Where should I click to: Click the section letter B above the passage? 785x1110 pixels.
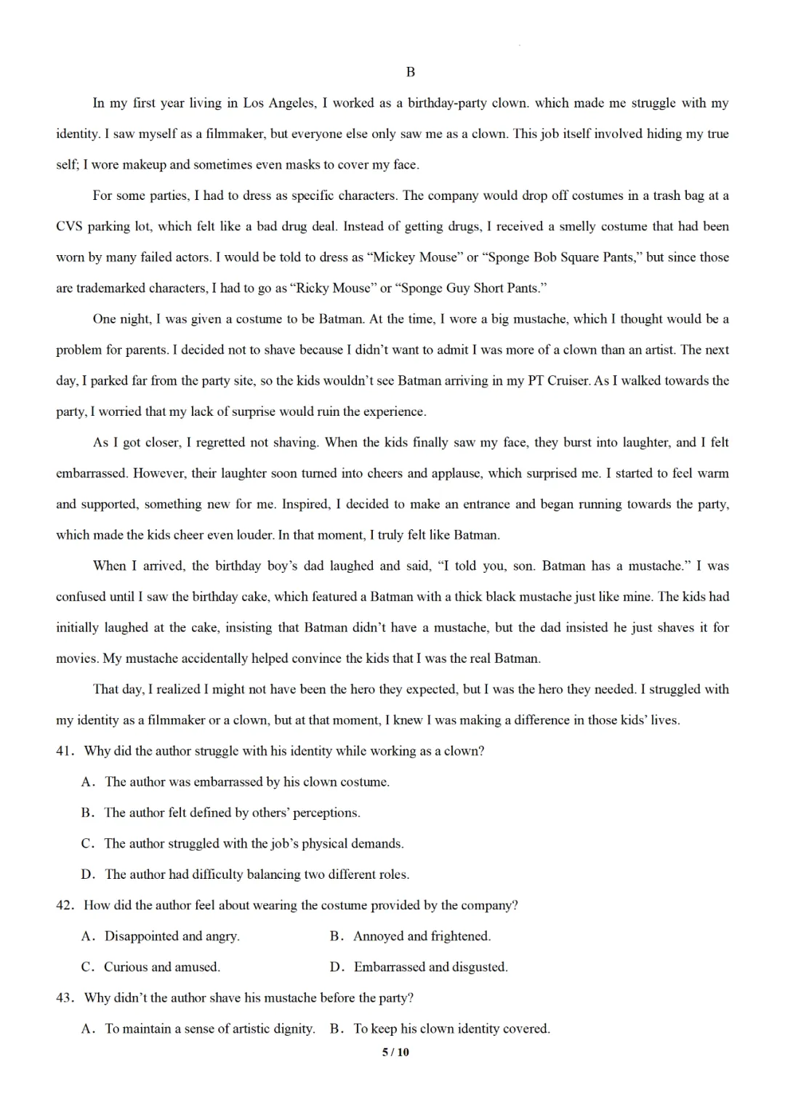pos(410,72)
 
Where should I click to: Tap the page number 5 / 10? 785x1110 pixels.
pos(395,1052)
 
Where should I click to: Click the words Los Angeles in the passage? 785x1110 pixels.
pos(278,103)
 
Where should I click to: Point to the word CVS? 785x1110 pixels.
pos(69,226)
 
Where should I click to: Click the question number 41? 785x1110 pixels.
pos(65,751)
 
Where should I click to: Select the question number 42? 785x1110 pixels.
pos(65,905)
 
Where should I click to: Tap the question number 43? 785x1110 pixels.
pos(65,997)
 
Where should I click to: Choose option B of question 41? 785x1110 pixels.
pos(232,813)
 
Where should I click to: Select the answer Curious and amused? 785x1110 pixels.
pos(161,967)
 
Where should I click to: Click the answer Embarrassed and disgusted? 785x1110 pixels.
pos(430,967)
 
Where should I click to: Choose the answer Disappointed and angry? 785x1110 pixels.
pos(172,936)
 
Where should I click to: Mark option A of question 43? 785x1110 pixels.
pos(209,1029)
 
